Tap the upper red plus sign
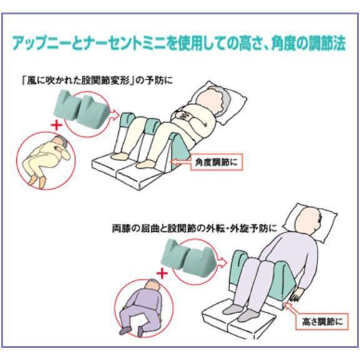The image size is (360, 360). pyautogui.click(x=57, y=124)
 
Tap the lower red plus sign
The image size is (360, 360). pyautogui.click(x=163, y=273)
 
